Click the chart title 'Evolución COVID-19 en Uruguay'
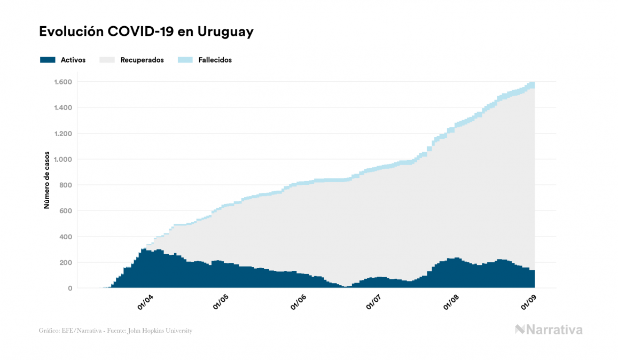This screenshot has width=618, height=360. (146, 32)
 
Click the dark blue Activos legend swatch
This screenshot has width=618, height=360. (48, 60)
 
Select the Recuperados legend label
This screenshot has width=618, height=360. (142, 60)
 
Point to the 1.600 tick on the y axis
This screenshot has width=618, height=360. (62, 82)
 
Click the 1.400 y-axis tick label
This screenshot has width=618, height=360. (62, 108)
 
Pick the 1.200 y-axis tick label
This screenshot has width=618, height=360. (62, 134)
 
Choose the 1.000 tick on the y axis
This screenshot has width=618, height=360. (62, 159)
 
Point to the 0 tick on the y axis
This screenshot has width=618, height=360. (70, 288)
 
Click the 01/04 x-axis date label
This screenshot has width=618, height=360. (145, 302)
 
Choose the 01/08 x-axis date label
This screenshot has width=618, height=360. (451, 302)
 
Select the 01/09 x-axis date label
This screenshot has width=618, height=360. (529, 302)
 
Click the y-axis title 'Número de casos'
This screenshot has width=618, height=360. (46, 180)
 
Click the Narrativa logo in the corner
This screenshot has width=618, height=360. (549, 330)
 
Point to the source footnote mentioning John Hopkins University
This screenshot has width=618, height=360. (115, 331)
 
